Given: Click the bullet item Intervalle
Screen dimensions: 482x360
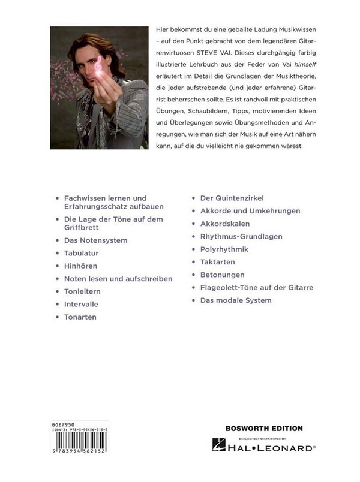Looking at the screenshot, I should click(81, 304).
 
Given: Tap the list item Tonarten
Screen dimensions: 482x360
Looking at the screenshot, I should click(80, 317).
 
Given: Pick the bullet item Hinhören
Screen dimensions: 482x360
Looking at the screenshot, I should click(80, 266).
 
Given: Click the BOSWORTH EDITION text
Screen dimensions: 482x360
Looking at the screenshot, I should click(264, 428).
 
